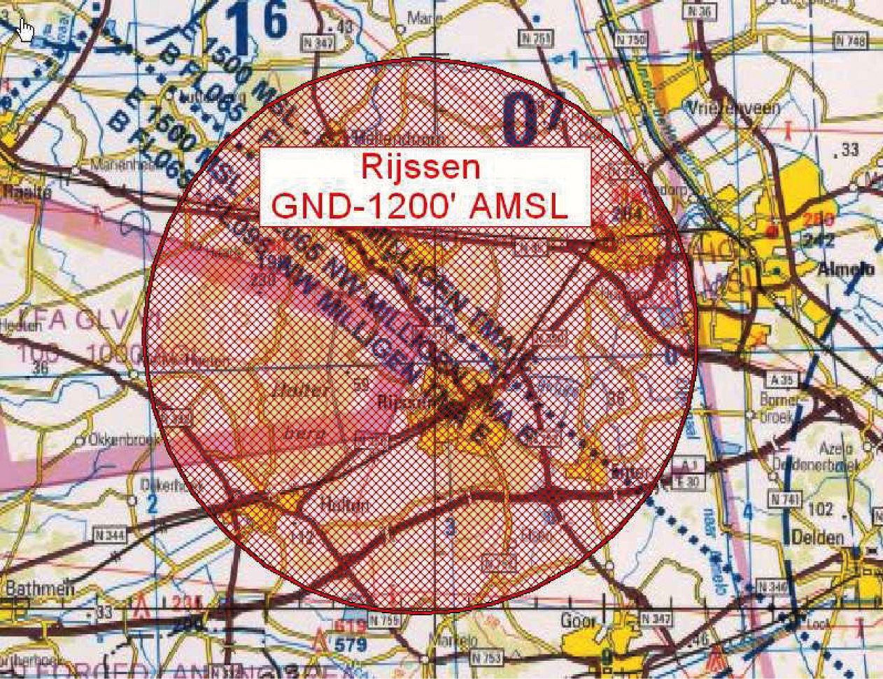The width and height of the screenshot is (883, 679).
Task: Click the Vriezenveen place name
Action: click(x=733, y=108)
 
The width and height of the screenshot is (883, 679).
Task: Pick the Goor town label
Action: click(x=578, y=621)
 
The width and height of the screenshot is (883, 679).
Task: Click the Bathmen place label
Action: click(x=39, y=588)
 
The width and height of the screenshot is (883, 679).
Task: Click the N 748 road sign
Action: click(x=851, y=41)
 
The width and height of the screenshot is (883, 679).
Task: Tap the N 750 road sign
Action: click(x=631, y=41)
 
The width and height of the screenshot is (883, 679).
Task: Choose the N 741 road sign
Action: click(x=783, y=498)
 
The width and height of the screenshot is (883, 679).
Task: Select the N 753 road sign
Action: click(x=486, y=657)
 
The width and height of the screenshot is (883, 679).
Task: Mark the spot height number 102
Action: click(x=820, y=509)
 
